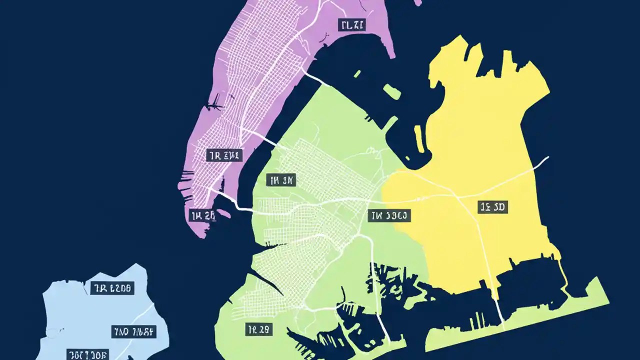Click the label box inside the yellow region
(x=492, y=207)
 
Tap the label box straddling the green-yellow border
(x=389, y=216)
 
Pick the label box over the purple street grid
(x=224, y=155)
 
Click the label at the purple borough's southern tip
(x=203, y=216)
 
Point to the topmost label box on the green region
(x=282, y=180)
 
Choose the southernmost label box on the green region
(x=259, y=329)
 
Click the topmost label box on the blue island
(x=112, y=288)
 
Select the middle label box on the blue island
(x=133, y=330)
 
